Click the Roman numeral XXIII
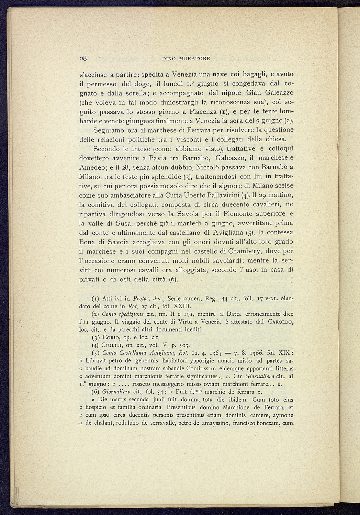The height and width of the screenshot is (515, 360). pyautogui.click(x=185, y=306)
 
